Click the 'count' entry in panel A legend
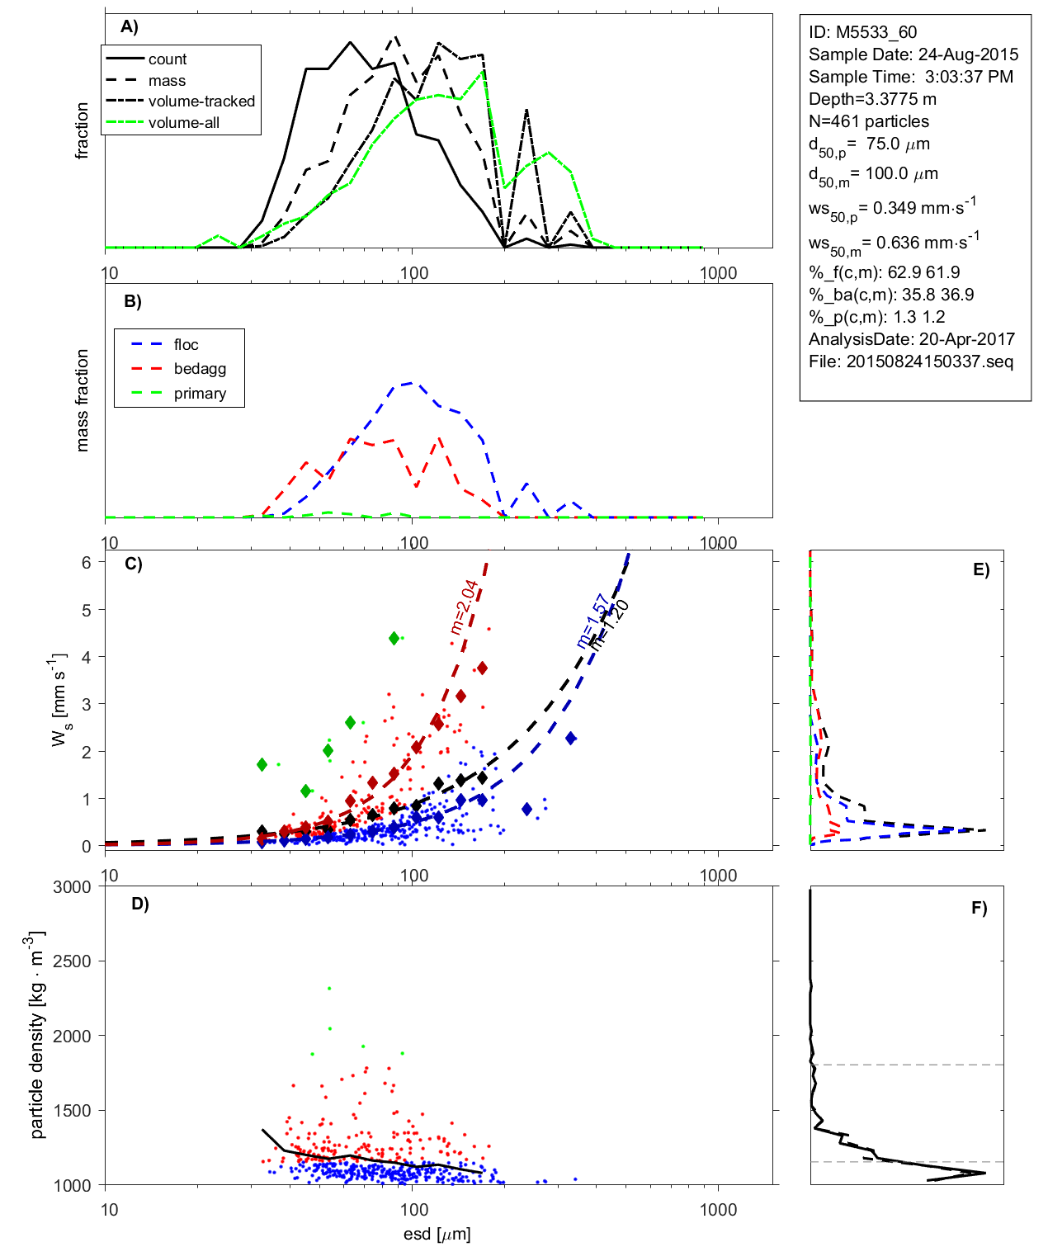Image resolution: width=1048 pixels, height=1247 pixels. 168,59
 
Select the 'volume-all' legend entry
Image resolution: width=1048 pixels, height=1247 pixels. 184,123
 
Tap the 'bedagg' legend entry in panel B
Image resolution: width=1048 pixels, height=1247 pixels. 200,369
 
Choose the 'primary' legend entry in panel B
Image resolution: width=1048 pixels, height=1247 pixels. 200,394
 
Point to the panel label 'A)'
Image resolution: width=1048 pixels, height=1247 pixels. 130,27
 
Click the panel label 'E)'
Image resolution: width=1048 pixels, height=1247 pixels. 980,569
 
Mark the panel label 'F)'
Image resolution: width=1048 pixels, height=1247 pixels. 979,908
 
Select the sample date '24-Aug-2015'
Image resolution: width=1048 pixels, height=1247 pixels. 968,54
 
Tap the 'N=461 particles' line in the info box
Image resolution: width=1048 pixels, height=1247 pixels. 869,121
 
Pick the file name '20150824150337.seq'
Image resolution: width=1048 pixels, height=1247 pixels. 930,361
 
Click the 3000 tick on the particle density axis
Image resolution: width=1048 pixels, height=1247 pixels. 72,887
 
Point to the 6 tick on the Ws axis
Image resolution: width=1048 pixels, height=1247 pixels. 86,562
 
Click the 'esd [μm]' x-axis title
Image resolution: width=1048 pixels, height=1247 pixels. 437,1234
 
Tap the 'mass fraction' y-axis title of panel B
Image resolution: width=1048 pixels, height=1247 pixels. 82,400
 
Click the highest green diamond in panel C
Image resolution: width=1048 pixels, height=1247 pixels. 394,638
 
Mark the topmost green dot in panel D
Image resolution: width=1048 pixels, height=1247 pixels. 329,988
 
